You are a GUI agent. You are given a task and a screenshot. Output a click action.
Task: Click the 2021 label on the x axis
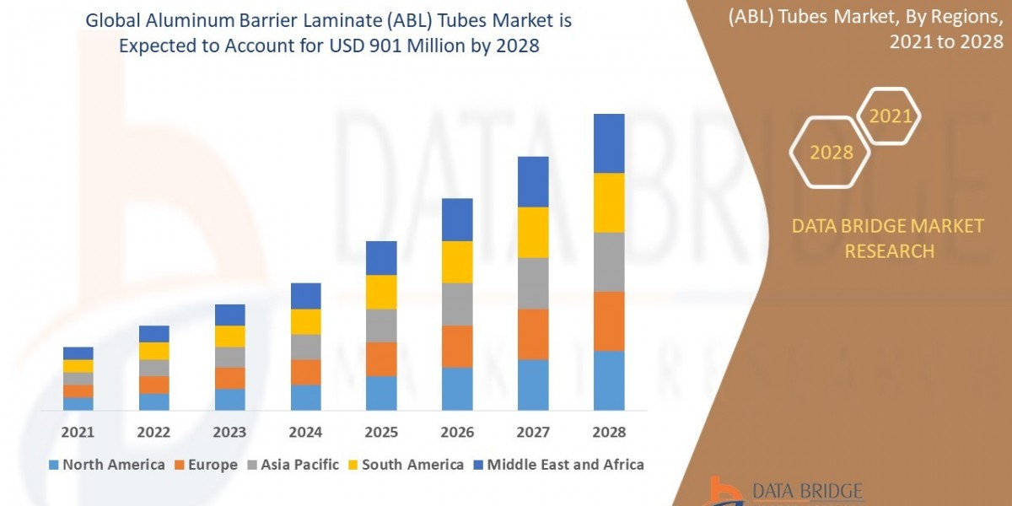78,432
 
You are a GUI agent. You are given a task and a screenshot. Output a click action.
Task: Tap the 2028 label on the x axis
609,432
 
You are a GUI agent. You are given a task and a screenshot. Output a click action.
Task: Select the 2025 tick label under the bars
381,432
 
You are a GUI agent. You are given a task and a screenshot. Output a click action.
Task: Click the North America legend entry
106,465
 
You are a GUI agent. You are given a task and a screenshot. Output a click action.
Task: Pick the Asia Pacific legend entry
293,465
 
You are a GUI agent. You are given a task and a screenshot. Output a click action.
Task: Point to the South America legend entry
405,465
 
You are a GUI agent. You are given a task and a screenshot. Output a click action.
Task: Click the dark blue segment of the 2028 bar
609,143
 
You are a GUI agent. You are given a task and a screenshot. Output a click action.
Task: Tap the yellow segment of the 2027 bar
533,232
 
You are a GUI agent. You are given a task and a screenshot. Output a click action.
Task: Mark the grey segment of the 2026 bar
457,304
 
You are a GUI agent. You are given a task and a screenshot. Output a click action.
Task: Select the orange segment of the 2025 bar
381,359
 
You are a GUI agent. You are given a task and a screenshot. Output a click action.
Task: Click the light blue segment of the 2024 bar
306,397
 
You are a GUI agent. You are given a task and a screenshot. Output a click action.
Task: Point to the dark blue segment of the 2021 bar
78,353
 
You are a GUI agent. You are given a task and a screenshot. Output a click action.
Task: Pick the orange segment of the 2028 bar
609,321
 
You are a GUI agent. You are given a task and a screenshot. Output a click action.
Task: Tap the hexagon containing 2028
831,153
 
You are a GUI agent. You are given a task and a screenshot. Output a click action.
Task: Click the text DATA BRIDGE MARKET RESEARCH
888,239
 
